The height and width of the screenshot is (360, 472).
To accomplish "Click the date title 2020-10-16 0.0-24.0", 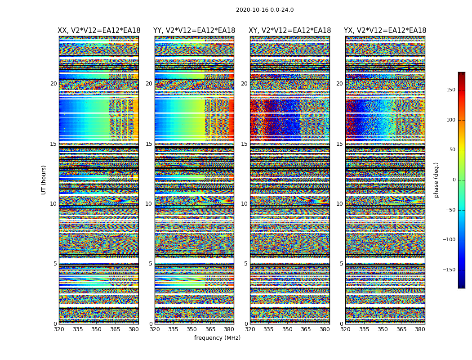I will pyautogui.click(x=265, y=10).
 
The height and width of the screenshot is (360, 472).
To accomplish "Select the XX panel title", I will pyautogui.click(x=99, y=31).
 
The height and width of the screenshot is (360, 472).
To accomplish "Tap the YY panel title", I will pyautogui.click(x=194, y=31).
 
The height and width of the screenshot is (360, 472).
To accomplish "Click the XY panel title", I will pyautogui.click(x=290, y=31).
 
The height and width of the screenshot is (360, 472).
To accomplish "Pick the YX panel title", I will pyautogui.click(x=385, y=31).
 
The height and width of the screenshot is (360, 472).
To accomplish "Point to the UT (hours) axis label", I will pyautogui.click(x=44, y=180).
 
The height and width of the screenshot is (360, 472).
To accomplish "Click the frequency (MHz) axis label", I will pyautogui.click(x=217, y=338).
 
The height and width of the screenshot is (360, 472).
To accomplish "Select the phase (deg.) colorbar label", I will pyautogui.click(x=436, y=180).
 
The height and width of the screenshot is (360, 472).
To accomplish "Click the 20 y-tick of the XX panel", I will pyautogui.click(x=53, y=84).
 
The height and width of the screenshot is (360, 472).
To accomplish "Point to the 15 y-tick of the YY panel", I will pyautogui.click(x=149, y=144).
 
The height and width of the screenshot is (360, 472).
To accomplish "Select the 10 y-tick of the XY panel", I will pyautogui.click(x=244, y=204).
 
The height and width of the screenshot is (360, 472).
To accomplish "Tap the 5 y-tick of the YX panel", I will pyautogui.click(x=341, y=264).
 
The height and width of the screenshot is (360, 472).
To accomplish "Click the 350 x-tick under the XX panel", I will pyautogui.click(x=96, y=329).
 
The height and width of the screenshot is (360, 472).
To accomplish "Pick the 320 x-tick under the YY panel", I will pyautogui.click(x=155, y=329).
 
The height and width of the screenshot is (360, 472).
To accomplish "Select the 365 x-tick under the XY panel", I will pyautogui.click(x=306, y=329).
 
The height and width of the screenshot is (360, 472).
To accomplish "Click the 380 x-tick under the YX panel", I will pyautogui.click(x=420, y=329).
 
